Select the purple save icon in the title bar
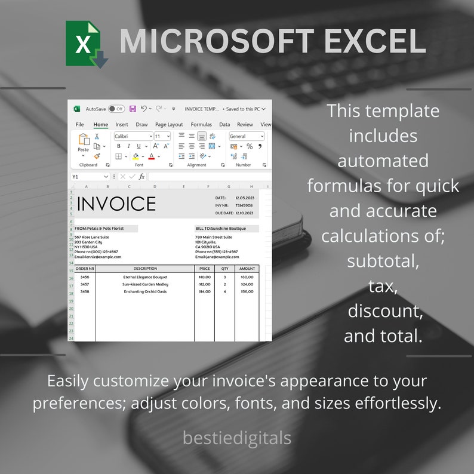click(x=133, y=109)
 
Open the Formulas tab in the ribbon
click(x=201, y=125)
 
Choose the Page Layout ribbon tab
click(x=169, y=125)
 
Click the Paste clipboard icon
click(x=84, y=142)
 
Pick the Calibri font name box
click(x=133, y=136)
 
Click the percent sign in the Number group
click(x=250, y=146)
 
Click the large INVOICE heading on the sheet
click(x=116, y=204)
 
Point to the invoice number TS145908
click(x=244, y=205)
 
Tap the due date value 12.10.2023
click(x=244, y=213)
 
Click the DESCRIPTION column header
click(x=145, y=269)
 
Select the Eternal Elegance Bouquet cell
click(x=145, y=277)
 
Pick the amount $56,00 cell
click(x=247, y=291)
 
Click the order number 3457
click(x=85, y=284)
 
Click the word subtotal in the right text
click(x=383, y=261)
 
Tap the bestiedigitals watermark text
click(x=237, y=438)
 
